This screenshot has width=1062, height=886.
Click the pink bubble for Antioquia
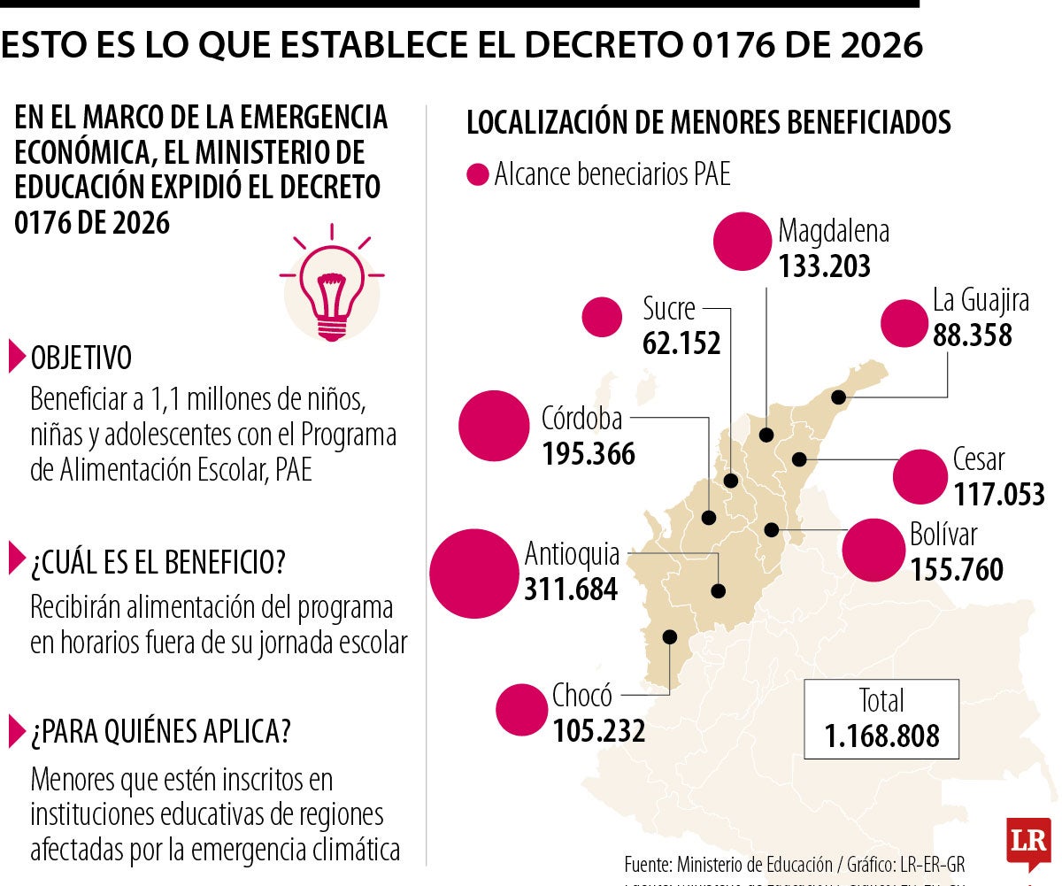click(473, 574)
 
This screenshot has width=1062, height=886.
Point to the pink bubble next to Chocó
click(521, 710)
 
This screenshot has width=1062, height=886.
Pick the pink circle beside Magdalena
click(743, 242)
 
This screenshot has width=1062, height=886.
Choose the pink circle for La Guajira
click(903, 323)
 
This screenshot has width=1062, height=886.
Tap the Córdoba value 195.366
click(589, 453)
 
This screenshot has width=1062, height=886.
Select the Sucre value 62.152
click(681, 343)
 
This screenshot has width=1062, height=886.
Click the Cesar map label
click(979, 459)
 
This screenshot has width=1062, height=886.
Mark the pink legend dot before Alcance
click(478, 175)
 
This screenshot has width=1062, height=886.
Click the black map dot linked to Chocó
click(670, 636)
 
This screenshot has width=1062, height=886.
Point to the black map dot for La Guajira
click(837, 398)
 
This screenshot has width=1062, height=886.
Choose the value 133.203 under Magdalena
click(825, 266)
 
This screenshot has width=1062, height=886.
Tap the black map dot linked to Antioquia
click(719, 590)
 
